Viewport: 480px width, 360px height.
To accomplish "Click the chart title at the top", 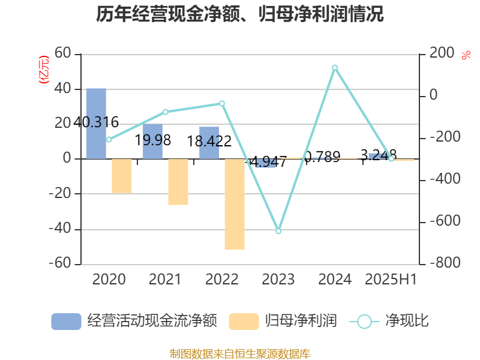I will pos(239,14).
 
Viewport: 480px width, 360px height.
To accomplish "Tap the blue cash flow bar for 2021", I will pos(152,142).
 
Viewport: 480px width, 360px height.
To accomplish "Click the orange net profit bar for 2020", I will pos(121,176).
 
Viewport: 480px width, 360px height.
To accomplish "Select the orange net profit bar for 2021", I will pos(178,182).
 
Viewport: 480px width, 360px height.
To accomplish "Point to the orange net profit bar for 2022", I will pos(235,204).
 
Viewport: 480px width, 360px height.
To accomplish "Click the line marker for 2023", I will pos(278,231).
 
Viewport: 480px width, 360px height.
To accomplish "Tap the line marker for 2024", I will pos(335,68).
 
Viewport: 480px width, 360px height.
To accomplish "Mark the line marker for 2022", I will pos(222,103).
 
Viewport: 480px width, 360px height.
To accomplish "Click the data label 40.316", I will pos(96,122).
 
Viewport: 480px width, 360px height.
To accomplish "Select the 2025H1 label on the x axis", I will pos(391,280).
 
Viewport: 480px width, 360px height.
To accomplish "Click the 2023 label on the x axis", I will pos(278,280).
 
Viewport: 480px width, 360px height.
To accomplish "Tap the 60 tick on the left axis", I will pos(62,54).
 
